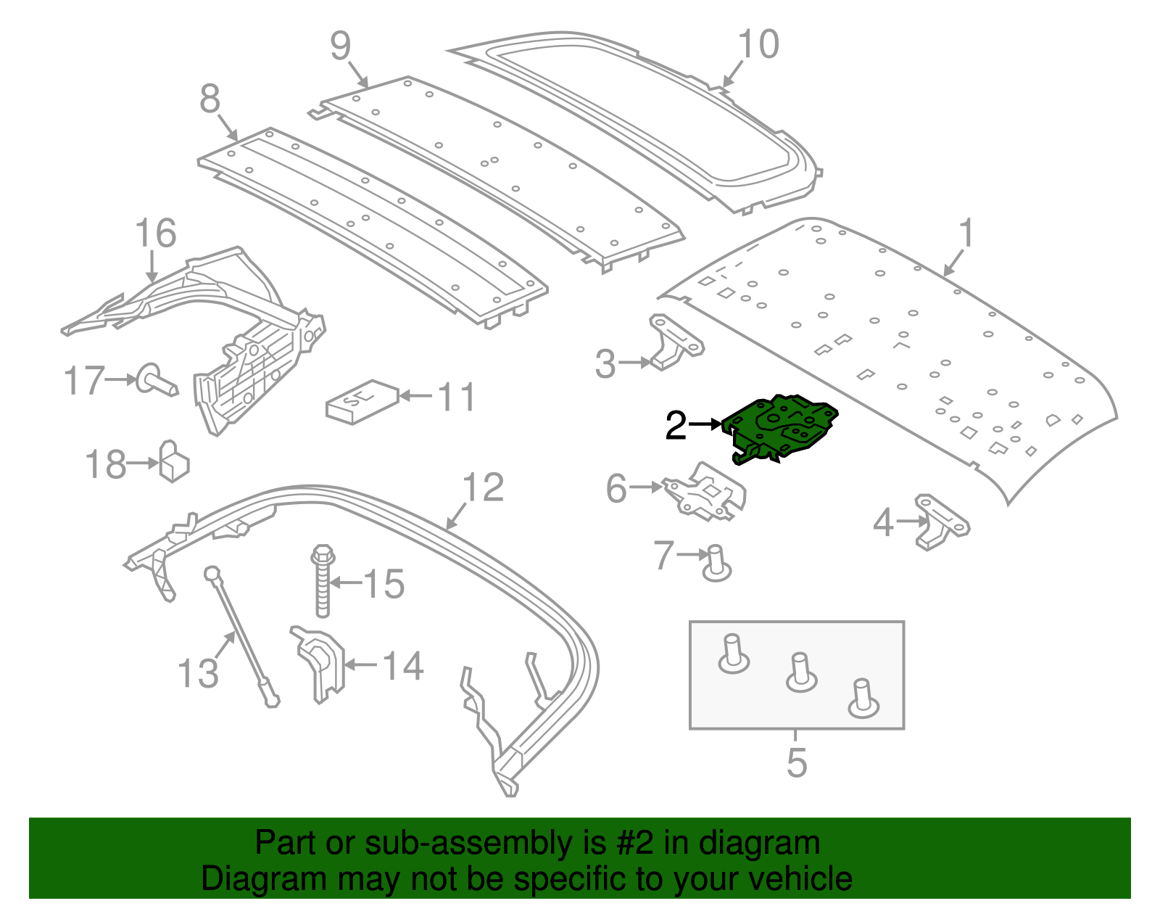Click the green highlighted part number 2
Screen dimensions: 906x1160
point(783,428)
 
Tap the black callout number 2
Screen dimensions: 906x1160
point(675,426)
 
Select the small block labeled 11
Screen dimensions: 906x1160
point(362,400)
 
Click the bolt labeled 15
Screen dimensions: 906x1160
point(322,580)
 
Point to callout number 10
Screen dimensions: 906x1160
point(758,45)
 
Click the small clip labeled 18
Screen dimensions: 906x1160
point(173,462)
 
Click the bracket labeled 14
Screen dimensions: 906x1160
point(320,662)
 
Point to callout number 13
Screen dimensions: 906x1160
point(198,673)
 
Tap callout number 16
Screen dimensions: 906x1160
point(155,234)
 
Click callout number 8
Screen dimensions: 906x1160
point(210,99)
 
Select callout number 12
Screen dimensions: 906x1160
point(483,487)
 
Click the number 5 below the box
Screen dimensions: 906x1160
point(796,763)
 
